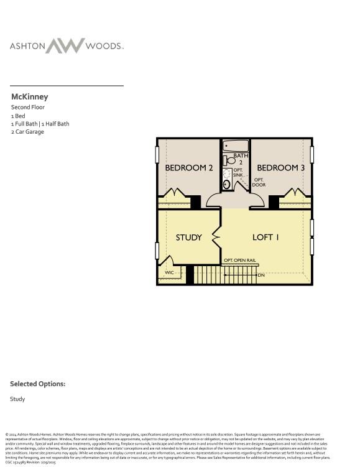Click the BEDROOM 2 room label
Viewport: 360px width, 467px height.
click(x=189, y=168)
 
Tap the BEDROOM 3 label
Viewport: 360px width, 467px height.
click(x=281, y=168)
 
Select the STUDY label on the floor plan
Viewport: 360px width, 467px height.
click(x=188, y=238)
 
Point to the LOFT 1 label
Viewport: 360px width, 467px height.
click(x=265, y=237)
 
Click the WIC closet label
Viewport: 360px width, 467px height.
click(x=169, y=272)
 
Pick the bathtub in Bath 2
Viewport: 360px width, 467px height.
click(x=236, y=146)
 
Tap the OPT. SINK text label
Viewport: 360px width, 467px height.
click(x=238, y=173)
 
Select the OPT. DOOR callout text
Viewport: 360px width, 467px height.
click(x=259, y=182)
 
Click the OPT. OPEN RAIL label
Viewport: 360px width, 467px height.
click(x=240, y=260)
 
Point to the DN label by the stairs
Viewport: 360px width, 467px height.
click(x=261, y=275)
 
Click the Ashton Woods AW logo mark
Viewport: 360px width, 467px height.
click(x=65, y=45)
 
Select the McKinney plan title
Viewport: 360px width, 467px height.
click(x=29, y=97)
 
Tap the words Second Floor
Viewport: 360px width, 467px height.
click(x=27, y=107)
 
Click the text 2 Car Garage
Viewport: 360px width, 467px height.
click(x=27, y=132)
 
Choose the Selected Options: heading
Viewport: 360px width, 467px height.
click(x=37, y=384)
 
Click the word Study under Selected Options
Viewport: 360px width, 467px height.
click(x=17, y=399)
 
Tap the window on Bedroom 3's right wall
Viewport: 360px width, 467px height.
click(x=312, y=154)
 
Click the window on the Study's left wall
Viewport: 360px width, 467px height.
click(x=157, y=250)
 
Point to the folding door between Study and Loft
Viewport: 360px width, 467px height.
click(x=217, y=237)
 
